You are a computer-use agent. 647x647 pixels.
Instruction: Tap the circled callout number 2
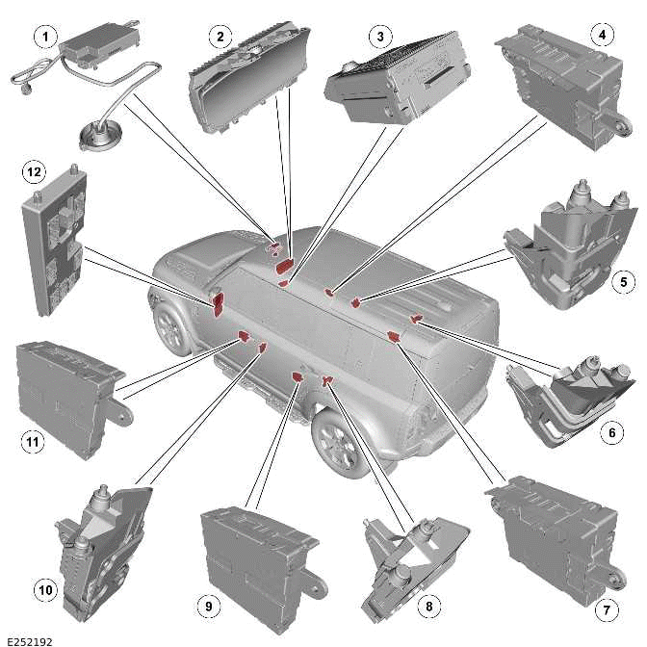pos(220,38)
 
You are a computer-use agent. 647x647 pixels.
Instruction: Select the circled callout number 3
pos(380,38)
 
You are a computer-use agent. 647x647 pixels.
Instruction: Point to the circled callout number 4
pos(602,38)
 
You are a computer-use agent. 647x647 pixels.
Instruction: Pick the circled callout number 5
pos(622,283)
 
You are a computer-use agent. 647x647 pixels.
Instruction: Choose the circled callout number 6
pos(609,433)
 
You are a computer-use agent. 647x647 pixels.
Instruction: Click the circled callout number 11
pos(31,442)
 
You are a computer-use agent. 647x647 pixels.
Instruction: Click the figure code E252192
pos(29,638)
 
